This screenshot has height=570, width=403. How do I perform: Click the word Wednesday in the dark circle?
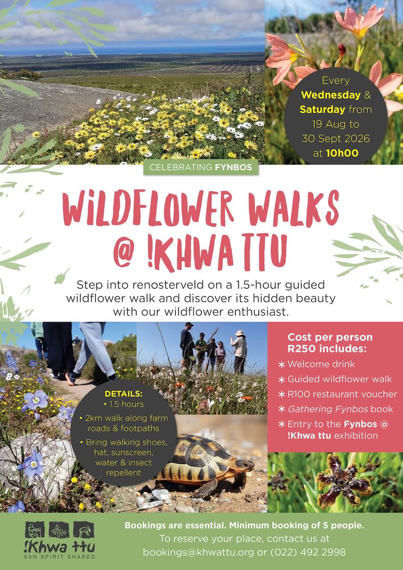pos(330,95)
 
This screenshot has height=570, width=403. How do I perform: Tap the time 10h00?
pos(342,153)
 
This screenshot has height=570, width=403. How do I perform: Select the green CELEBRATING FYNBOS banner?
pos(201,167)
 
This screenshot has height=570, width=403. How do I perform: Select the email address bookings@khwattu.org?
pos(198,552)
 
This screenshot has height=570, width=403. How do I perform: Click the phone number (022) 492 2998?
pos(308,552)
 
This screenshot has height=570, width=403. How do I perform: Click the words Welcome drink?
pos(321,364)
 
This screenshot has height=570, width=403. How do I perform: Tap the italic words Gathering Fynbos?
pos(328,409)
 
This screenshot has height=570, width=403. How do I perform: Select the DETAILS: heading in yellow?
pos(124,394)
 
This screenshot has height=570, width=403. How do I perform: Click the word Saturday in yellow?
pos(322,110)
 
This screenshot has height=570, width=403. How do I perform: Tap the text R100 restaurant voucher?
pos(342,395)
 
